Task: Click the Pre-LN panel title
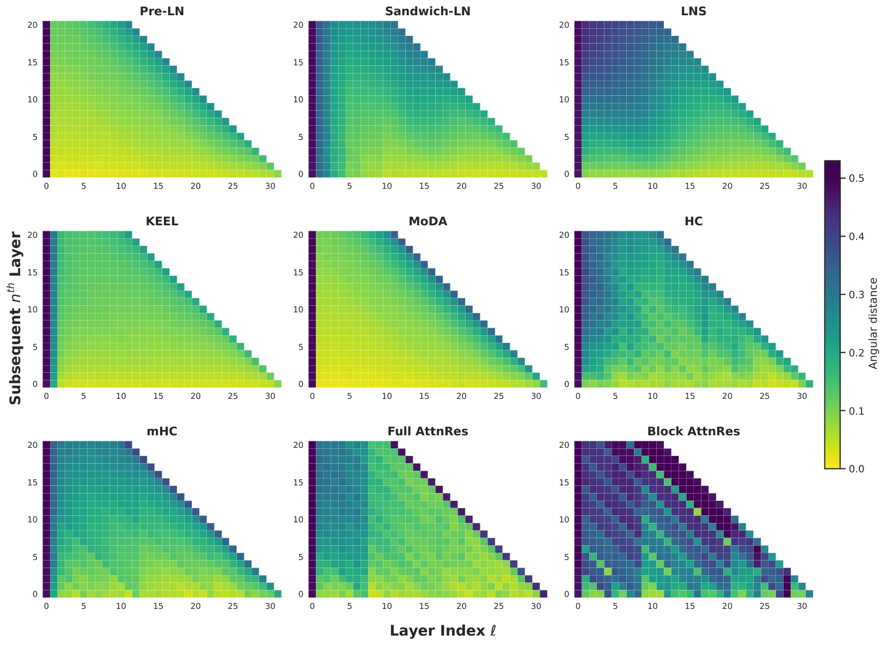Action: click(162, 11)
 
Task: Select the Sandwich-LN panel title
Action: click(427, 11)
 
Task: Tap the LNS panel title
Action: click(693, 11)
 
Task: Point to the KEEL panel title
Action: click(162, 221)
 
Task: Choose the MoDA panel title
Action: click(427, 221)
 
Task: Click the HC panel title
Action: click(693, 221)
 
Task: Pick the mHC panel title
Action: click(162, 431)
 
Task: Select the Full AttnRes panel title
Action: click(427, 431)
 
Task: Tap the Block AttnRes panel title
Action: click(693, 431)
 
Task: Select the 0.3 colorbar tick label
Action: click(857, 294)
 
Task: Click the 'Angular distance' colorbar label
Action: click(873, 323)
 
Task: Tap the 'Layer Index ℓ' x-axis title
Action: click(443, 630)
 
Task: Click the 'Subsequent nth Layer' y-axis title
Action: click(15, 318)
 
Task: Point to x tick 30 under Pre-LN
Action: click(270, 186)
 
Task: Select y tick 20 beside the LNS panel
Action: click(564, 25)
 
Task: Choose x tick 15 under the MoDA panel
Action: click(424, 396)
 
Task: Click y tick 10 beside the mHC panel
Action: click(33, 519)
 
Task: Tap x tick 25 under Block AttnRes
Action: click(765, 606)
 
